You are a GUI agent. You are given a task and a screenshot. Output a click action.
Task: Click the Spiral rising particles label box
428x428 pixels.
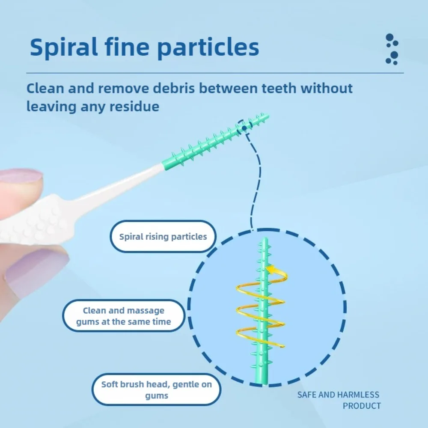click(x=163, y=236)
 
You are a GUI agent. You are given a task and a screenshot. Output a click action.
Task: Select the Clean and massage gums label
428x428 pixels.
click(x=123, y=316)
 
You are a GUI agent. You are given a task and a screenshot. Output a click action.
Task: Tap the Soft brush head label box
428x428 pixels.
click(x=156, y=389)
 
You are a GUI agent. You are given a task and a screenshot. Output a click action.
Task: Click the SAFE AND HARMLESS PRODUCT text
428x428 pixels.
click(x=338, y=400)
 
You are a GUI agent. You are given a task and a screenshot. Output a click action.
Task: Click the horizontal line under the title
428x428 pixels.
click(x=214, y=73)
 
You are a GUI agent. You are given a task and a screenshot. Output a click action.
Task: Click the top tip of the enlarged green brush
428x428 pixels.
click(x=265, y=241)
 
